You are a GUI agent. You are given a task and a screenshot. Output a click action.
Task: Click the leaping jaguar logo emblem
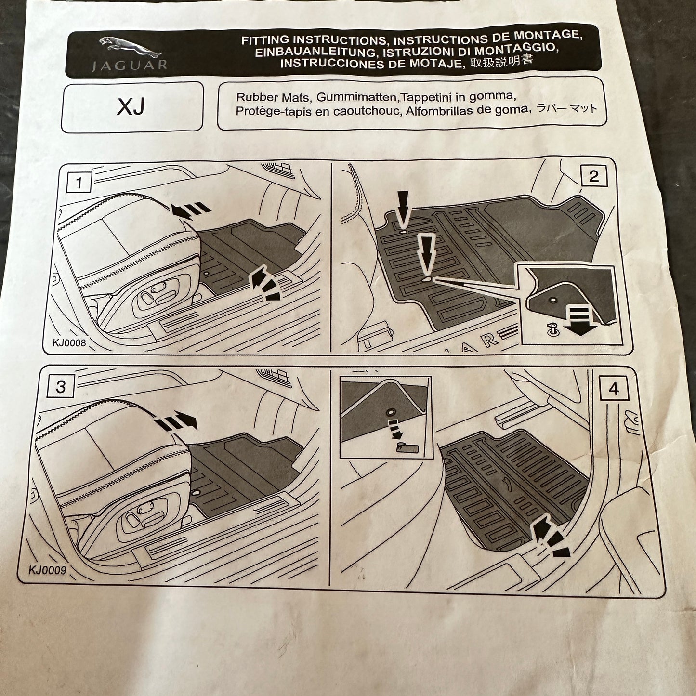[130, 46]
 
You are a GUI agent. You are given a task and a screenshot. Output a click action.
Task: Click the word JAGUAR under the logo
[129, 66]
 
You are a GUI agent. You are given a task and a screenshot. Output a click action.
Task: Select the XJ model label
[131, 107]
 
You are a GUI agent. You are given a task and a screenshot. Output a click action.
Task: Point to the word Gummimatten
[356, 97]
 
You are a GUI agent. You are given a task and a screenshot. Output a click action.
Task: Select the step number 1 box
[79, 183]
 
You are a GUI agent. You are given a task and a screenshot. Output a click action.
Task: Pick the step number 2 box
[593, 177]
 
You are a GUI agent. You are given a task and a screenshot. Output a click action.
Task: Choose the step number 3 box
[61, 387]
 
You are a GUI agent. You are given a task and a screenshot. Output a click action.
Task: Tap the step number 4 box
[614, 389]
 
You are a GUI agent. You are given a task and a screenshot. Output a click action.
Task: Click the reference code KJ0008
[69, 343]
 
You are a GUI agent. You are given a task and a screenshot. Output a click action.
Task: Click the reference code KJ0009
[47, 570]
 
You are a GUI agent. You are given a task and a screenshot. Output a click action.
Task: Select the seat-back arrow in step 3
[177, 421]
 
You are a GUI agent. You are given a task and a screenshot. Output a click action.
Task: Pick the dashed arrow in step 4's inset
[395, 429]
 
